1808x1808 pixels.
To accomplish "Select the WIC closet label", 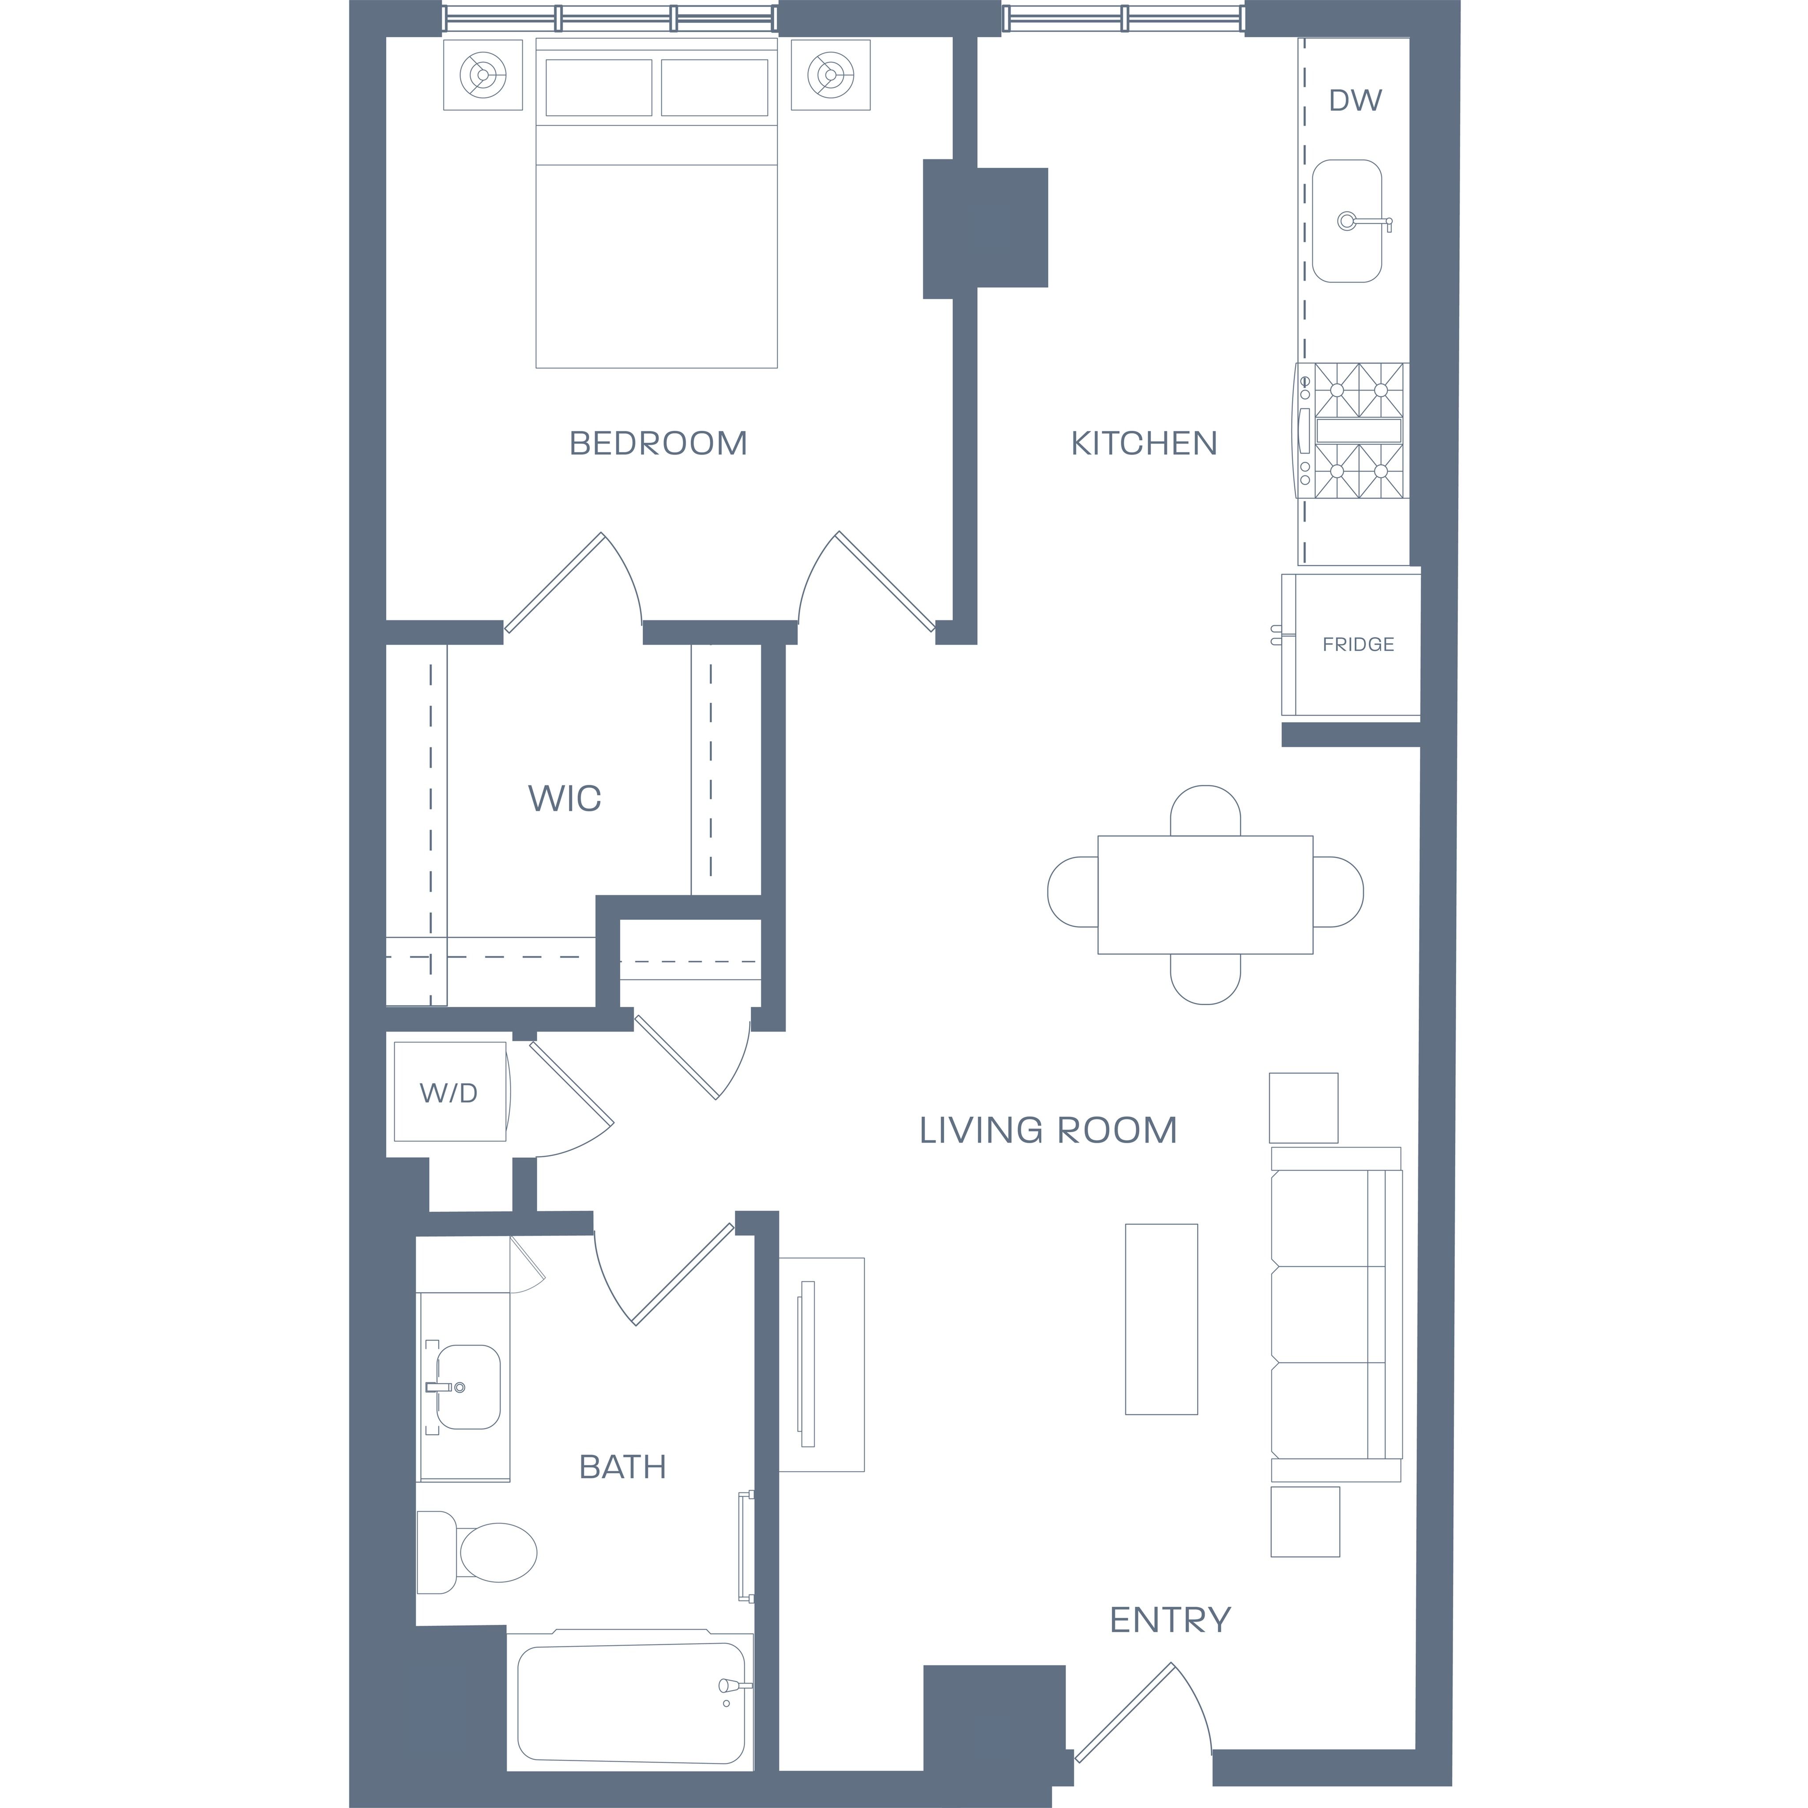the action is [x=564, y=798].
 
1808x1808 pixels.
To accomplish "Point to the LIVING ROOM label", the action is [x=1047, y=1130].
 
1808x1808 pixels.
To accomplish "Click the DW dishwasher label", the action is [x=1355, y=100].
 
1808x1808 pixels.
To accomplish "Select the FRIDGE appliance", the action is [x=1351, y=645].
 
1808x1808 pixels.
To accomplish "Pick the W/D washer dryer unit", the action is [x=450, y=1091].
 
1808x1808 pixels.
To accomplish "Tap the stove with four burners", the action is [x=1351, y=430].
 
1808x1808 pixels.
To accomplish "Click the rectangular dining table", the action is [x=1205, y=895].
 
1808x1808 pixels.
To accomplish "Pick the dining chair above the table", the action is [x=1205, y=810].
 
